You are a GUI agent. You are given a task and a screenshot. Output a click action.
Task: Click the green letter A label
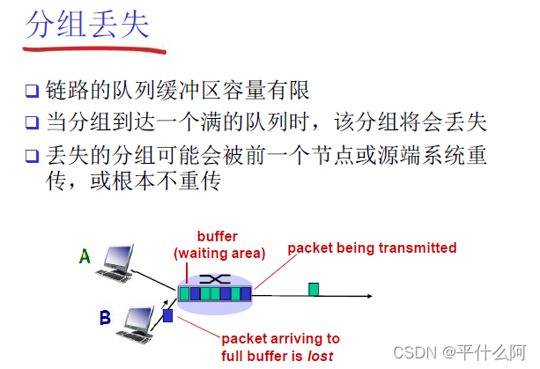85,256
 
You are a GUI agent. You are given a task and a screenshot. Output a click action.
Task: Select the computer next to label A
119,262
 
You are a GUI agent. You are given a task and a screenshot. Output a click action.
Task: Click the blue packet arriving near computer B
168,315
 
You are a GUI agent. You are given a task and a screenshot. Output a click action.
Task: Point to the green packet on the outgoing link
313,289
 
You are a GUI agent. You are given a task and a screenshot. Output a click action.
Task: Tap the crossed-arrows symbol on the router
214,278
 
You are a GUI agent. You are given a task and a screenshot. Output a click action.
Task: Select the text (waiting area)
219,254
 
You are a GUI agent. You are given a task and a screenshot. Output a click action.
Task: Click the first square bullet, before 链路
32,91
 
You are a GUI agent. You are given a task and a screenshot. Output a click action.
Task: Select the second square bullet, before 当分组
32,122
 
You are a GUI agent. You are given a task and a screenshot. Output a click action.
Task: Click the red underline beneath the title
97,48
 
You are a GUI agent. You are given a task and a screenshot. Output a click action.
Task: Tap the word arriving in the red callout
297,337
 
